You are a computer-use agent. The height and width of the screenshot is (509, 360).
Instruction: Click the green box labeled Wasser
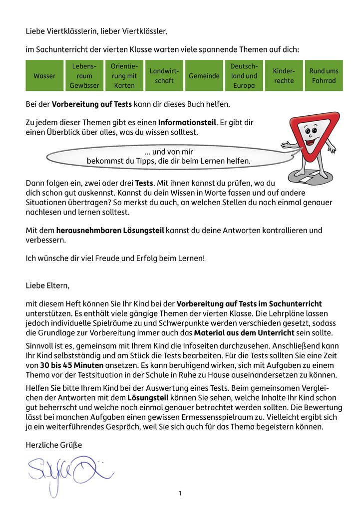pyautogui.click(x=44, y=76)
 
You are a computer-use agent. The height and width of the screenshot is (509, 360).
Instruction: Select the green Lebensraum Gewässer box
pyautogui.click(x=84, y=76)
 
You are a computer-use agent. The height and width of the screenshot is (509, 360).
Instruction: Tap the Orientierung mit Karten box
pyautogui.click(x=124, y=76)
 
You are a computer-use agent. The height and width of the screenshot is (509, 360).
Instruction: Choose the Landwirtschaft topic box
pyautogui.click(x=164, y=76)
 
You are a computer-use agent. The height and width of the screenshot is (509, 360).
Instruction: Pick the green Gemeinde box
pyautogui.click(x=204, y=76)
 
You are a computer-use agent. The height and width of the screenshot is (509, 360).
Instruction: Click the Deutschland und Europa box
pyautogui.click(x=244, y=76)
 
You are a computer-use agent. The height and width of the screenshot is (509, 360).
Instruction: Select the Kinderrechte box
pyautogui.click(x=284, y=76)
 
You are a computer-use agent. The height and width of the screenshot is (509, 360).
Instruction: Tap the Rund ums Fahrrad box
pyautogui.click(x=324, y=76)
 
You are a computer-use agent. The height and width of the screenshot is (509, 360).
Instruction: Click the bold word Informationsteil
pyautogui.click(x=187, y=122)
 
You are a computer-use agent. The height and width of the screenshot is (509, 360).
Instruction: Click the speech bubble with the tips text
pyautogui.click(x=168, y=156)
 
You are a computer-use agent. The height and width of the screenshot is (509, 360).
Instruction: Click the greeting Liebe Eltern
pyautogui.click(x=48, y=286)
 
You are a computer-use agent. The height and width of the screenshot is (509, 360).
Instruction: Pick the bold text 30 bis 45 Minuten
pyautogui.click(x=72, y=365)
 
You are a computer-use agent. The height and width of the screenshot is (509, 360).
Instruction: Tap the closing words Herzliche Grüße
pyautogui.click(x=53, y=445)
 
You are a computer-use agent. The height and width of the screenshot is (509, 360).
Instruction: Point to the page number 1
pyautogui.click(x=180, y=494)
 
